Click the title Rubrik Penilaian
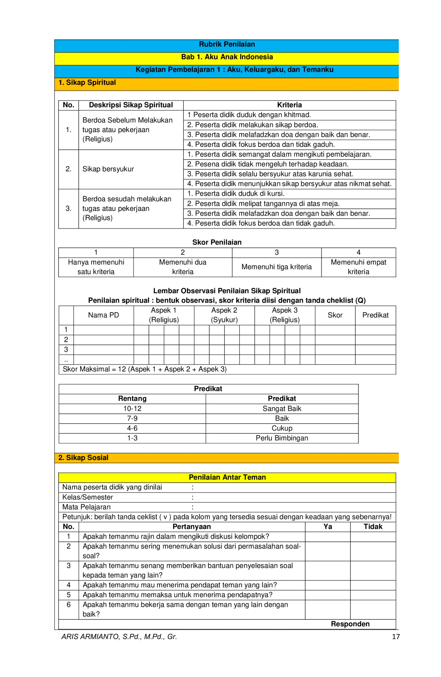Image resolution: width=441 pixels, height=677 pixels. [x=227, y=44]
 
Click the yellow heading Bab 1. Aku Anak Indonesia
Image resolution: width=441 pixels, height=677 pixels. [x=227, y=57]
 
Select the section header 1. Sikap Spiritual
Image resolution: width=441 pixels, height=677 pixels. [x=87, y=82]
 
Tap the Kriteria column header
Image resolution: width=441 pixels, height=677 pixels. [x=289, y=105]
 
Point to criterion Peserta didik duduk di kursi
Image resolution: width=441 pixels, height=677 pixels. [x=236, y=193]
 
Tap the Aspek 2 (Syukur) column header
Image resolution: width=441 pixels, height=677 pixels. [x=224, y=315]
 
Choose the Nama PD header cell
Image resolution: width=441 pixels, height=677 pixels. [x=104, y=315]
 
